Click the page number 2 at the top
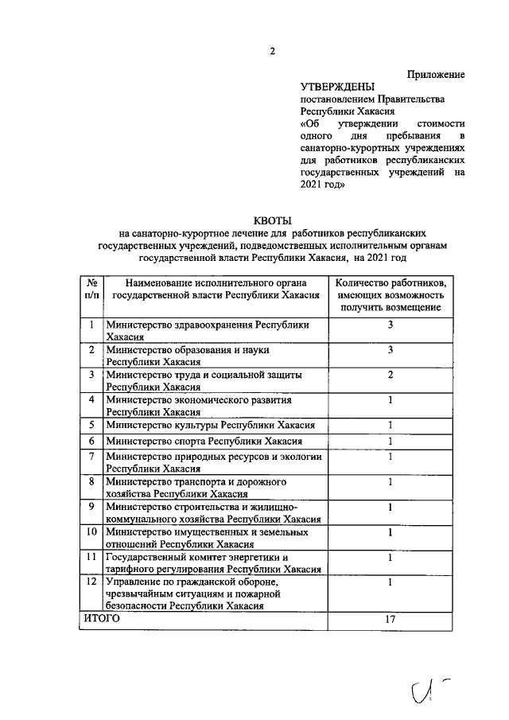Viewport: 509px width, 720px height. (x=272, y=52)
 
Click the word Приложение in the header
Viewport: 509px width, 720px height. (x=436, y=74)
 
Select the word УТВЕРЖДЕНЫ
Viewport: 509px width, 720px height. (x=336, y=87)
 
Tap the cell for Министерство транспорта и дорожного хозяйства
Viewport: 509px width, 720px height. (x=204, y=488)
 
